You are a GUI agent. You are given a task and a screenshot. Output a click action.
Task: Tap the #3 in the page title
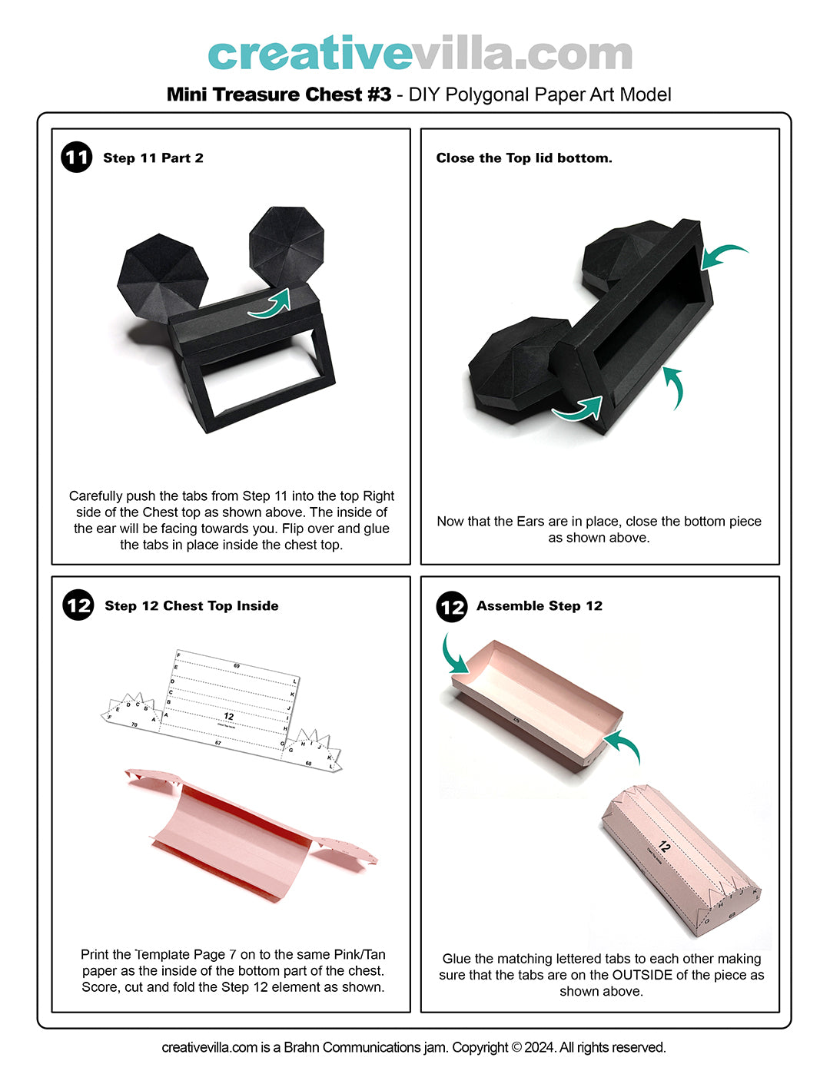(x=379, y=94)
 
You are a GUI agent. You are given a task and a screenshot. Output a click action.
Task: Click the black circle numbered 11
(x=76, y=157)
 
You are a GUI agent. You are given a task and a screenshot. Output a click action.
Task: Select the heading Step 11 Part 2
(x=153, y=158)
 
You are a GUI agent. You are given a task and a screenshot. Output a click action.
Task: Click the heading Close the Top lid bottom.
(x=524, y=158)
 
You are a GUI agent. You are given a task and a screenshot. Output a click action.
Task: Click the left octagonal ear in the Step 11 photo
(x=163, y=278)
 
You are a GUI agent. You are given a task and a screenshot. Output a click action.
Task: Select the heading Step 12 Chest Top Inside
(x=191, y=606)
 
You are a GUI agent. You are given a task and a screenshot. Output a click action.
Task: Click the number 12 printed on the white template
(x=228, y=716)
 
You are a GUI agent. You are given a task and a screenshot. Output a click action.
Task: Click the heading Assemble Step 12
(x=539, y=606)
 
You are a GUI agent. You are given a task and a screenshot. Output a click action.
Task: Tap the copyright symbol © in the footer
(x=516, y=1047)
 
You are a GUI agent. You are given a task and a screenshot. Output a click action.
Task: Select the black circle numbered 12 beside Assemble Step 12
(x=452, y=606)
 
